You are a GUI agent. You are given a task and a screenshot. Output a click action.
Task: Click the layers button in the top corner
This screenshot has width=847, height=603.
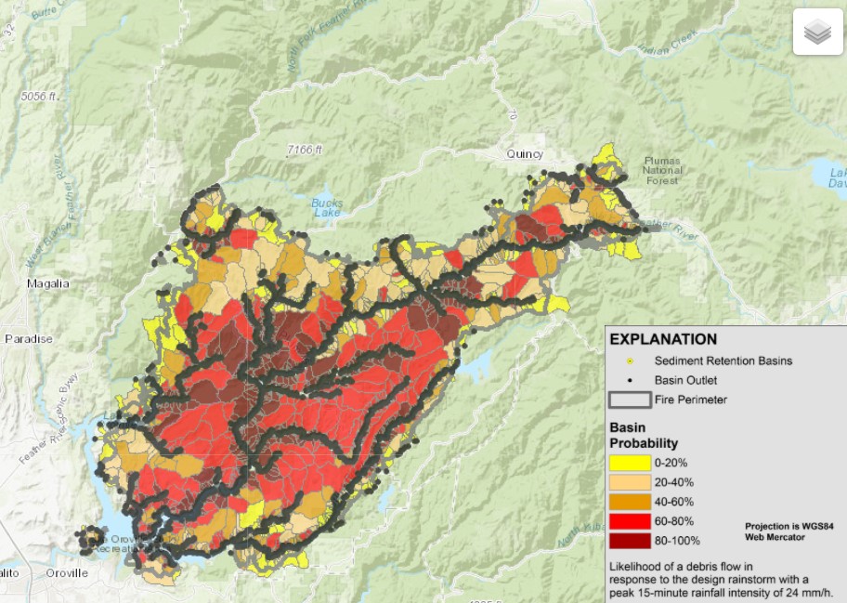click(817, 33)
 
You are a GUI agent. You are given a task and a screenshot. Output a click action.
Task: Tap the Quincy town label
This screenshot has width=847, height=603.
click(524, 154)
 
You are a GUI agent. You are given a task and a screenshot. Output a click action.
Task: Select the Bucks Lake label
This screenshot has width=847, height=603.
click(327, 208)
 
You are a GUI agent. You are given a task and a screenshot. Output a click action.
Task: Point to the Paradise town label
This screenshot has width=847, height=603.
click(28, 339)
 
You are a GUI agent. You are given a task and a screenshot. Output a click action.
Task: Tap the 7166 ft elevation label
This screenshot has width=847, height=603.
click(304, 149)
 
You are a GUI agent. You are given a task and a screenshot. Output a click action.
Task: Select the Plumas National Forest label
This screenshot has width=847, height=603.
click(662, 170)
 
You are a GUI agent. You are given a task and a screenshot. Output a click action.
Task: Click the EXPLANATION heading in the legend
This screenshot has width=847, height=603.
click(663, 340)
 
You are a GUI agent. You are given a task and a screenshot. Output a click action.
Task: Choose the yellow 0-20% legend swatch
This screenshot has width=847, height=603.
click(629, 462)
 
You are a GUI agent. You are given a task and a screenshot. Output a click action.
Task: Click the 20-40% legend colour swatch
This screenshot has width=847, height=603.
click(629, 481)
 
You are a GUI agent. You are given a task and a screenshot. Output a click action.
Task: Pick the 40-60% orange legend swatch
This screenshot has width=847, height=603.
click(629, 501)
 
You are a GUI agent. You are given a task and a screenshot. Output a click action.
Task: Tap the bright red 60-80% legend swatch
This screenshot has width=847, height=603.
click(629, 520)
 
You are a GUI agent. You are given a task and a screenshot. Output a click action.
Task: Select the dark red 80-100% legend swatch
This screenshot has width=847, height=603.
click(629, 540)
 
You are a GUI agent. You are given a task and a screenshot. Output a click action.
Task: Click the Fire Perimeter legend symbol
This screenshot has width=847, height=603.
click(629, 400)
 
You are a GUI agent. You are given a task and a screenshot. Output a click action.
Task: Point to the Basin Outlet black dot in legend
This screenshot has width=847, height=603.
click(629, 380)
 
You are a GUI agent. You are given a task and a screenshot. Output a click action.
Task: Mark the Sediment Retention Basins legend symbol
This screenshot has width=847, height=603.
click(629, 360)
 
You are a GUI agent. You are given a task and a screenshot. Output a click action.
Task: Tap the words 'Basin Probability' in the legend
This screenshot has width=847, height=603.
click(644, 436)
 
